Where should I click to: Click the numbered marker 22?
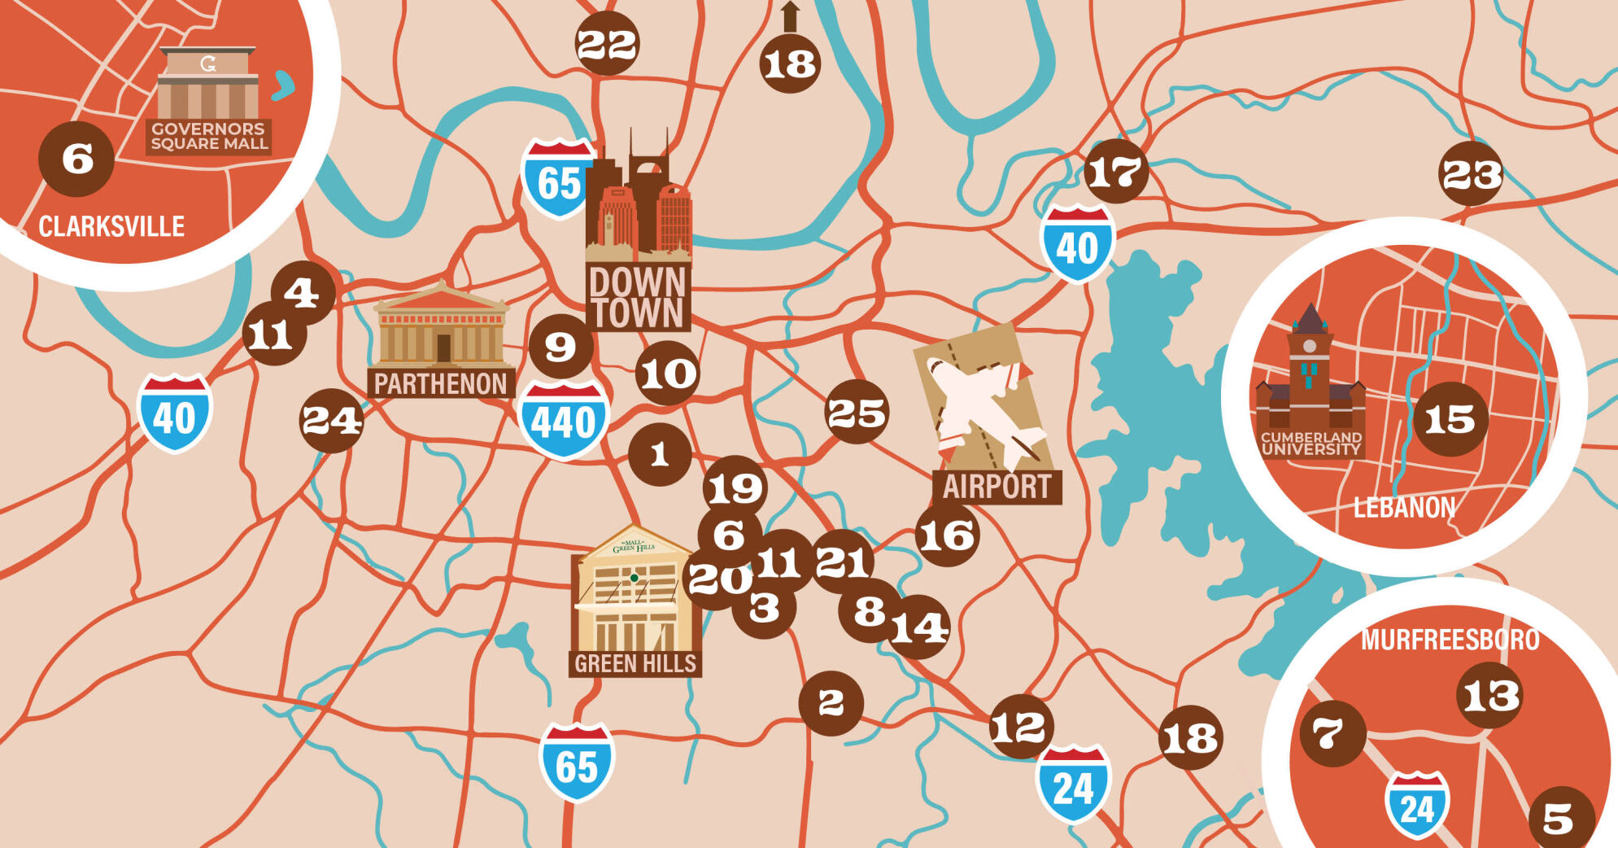click(607, 44)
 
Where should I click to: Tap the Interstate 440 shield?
click(563, 420)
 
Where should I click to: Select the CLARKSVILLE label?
click(111, 226)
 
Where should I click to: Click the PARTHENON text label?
click(440, 383)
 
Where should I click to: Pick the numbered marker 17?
click(1115, 172)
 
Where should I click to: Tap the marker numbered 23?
click(1471, 174)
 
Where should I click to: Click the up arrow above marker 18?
click(790, 16)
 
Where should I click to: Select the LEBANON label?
click(1404, 508)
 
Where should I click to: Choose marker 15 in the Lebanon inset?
click(1450, 420)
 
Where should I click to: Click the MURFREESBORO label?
click(1450, 640)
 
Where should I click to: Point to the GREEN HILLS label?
click(635, 664)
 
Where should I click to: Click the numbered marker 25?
click(857, 413)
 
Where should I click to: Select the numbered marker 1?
click(659, 454)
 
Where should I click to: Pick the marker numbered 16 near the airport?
click(947, 535)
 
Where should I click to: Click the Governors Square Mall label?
click(209, 136)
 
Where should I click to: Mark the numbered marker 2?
click(831, 703)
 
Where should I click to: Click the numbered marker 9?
click(560, 347)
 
